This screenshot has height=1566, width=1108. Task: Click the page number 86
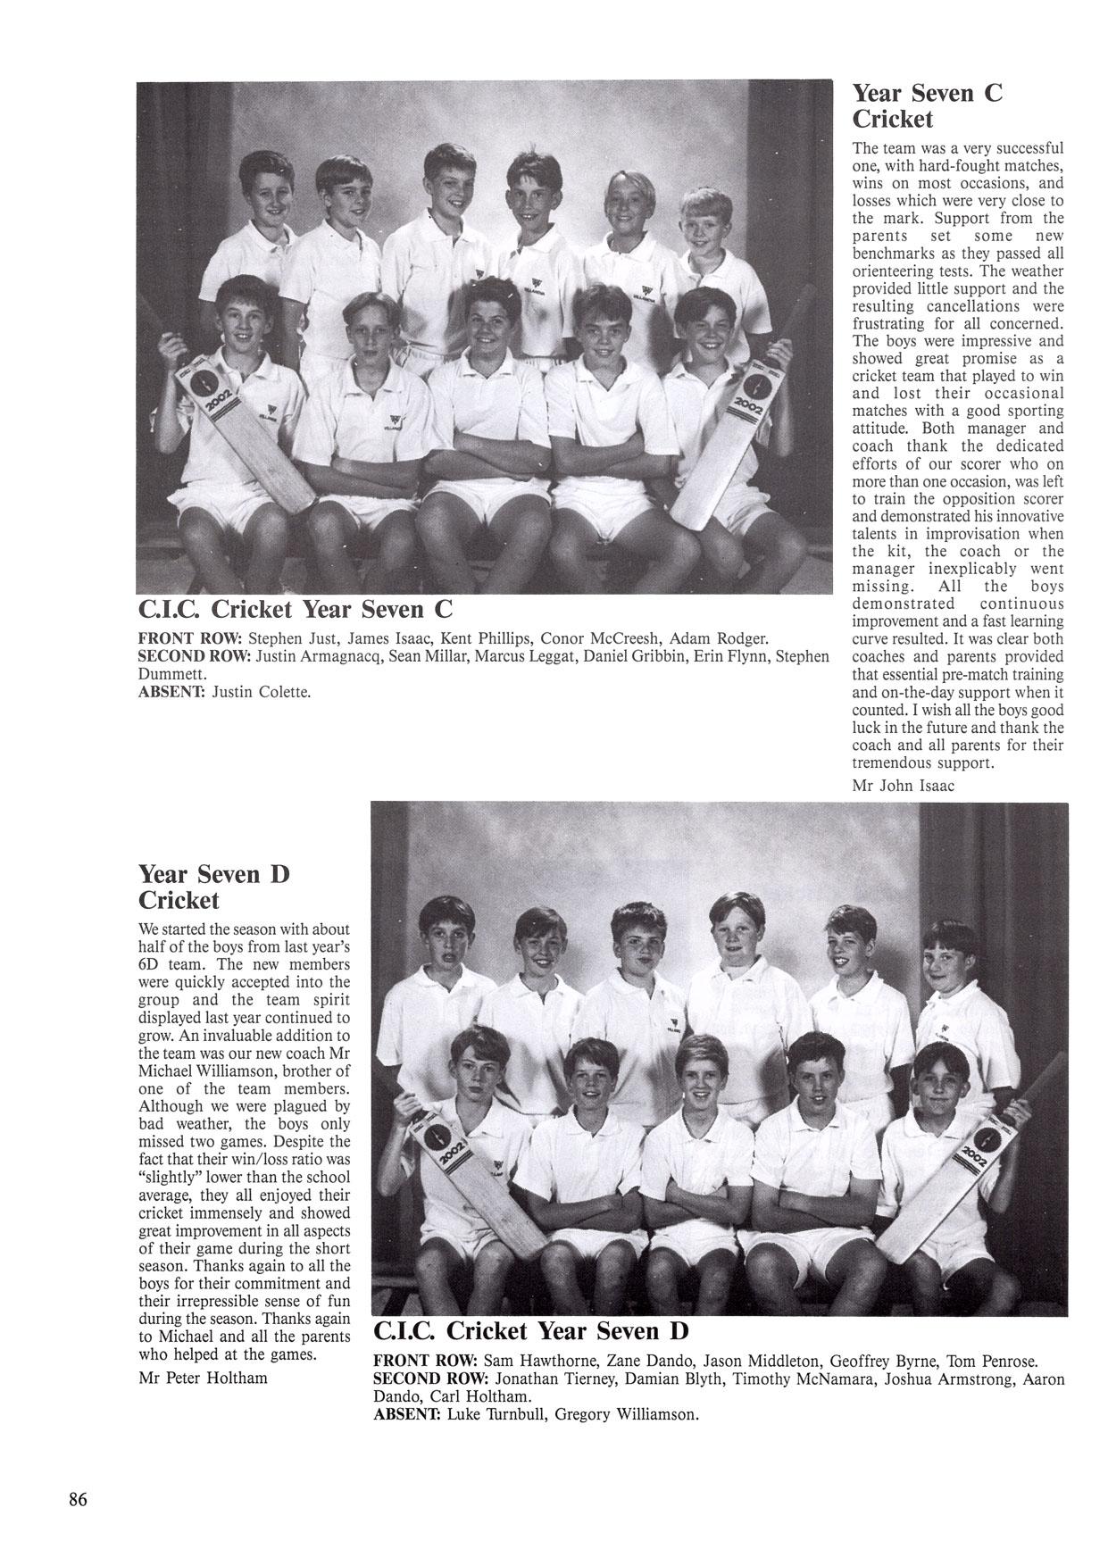78,1499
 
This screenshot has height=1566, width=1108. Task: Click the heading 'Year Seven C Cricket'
928,105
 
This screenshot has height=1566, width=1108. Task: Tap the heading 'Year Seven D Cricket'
214,886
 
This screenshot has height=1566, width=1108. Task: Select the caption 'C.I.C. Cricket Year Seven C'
296,609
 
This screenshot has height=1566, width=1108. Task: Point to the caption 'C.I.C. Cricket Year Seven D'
530,1331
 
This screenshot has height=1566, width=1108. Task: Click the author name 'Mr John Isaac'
904,786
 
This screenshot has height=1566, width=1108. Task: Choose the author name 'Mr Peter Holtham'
204,1377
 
